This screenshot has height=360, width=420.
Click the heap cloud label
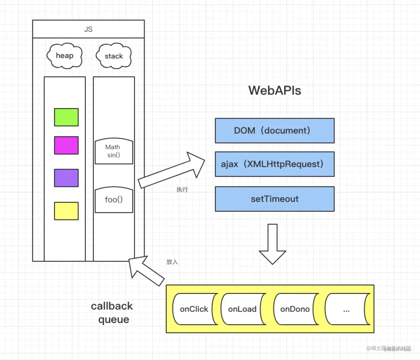pyautogui.click(x=64, y=56)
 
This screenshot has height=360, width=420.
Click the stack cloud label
pyautogui.click(x=114, y=56)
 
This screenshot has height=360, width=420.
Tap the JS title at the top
pyautogui.click(x=88, y=29)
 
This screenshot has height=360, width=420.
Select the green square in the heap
pyautogui.click(x=66, y=117)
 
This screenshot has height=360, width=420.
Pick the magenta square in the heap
pyautogui.click(x=66, y=145)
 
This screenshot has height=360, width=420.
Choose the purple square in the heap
pyautogui.click(x=66, y=178)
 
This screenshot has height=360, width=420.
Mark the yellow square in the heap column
pyautogui.click(x=66, y=211)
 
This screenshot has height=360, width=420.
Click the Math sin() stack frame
pyautogui.click(x=114, y=151)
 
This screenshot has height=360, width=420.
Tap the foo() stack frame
pyautogui.click(x=114, y=200)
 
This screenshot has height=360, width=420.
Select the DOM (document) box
pyautogui.click(x=274, y=131)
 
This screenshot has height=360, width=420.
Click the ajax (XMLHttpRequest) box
pyautogui.click(x=274, y=164)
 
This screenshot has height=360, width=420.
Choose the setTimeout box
pyautogui.click(x=274, y=199)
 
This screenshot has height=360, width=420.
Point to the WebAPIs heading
pyautogui.click(x=274, y=91)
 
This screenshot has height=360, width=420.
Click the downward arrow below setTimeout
pyautogui.click(x=272, y=244)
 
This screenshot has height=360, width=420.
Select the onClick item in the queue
pyautogui.click(x=194, y=309)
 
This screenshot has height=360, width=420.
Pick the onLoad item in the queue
pyautogui.click(x=242, y=309)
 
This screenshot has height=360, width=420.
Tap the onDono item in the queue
pyautogui.click(x=295, y=309)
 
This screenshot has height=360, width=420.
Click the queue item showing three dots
pyautogui.click(x=346, y=309)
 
